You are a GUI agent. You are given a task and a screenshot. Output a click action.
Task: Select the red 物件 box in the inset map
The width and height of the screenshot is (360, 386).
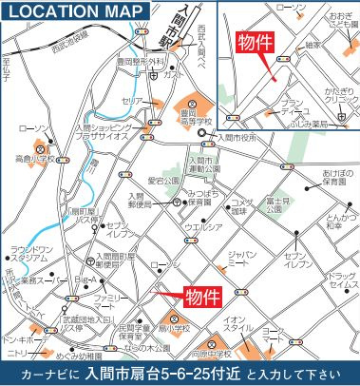click(252, 43)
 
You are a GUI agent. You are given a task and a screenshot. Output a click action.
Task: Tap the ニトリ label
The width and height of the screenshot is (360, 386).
click(21, 352)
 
